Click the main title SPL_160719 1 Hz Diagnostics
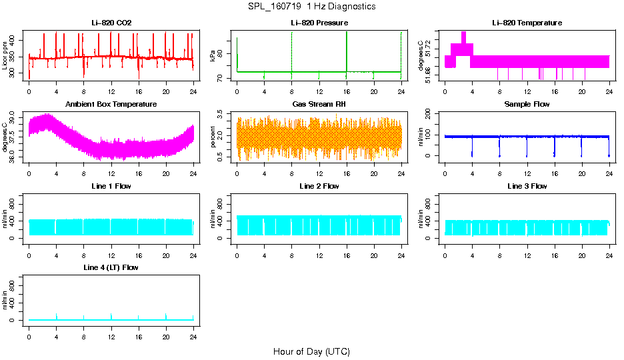[x=311, y=7]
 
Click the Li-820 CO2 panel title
[x=111, y=23]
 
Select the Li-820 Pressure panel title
[x=319, y=23]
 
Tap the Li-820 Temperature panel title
[x=527, y=23]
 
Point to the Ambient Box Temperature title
[x=111, y=105]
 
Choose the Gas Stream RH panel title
[x=319, y=105]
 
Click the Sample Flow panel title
[x=527, y=105]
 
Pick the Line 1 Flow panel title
[x=111, y=186]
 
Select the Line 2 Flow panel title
[x=319, y=186]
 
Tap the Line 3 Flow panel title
[x=527, y=186]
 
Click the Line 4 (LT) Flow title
[x=111, y=267]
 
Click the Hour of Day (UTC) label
[x=311, y=351]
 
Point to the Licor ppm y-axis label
[x=5, y=56]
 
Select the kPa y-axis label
[x=213, y=56]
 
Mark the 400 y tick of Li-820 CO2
[x=15, y=41]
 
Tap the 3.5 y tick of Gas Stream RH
[x=223, y=117]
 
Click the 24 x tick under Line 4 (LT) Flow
[x=193, y=331]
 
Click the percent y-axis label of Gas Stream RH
[x=213, y=137]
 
